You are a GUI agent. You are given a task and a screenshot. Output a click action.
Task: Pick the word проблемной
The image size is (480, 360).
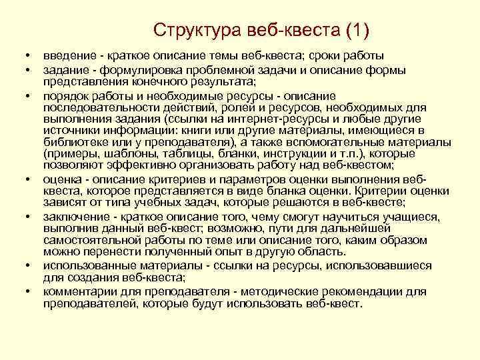tap(222, 70)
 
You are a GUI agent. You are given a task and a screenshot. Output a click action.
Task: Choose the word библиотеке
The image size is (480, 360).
tap(74, 142)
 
